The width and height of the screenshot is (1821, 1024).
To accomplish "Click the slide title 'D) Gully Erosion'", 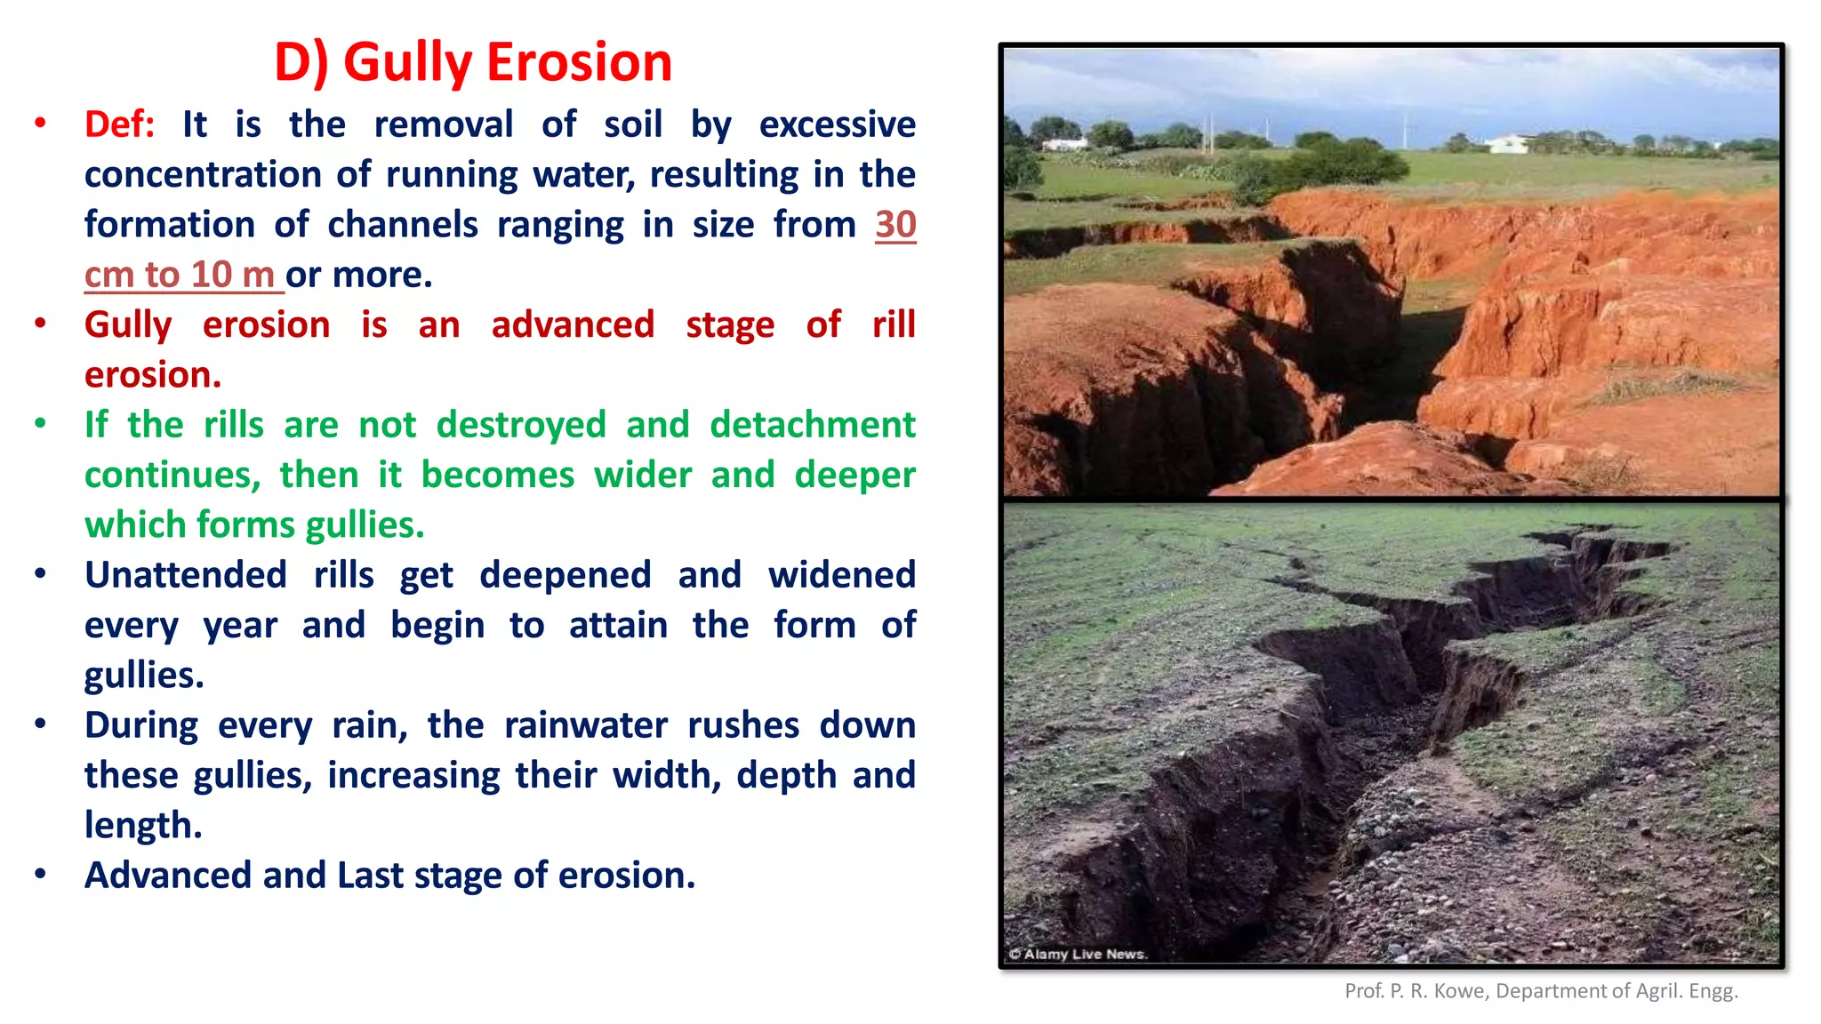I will [x=472, y=62].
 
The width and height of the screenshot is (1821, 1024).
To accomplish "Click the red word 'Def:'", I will [x=119, y=124].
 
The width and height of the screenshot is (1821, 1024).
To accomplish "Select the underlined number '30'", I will [x=895, y=225].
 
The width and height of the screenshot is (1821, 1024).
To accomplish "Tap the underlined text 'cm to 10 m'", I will [x=180, y=275].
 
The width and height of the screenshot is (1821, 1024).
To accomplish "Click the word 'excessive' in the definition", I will [x=837, y=124].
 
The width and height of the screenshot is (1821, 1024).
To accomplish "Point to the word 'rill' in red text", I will [x=894, y=324].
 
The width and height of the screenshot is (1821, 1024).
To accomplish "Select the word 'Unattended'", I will [x=186, y=575].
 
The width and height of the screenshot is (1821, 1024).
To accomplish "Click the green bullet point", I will [x=40, y=424].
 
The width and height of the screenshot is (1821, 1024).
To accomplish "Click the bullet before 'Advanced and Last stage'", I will [x=40, y=875].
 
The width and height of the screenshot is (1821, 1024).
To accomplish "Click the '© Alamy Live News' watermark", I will [x=1078, y=954].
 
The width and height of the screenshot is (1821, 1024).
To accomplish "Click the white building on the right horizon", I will [x=1508, y=142].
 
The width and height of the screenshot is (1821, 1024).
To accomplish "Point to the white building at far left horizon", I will [x=1064, y=144].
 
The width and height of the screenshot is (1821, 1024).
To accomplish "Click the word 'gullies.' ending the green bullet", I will [x=365, y=525].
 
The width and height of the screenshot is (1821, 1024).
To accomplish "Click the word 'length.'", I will [x=143, y=826].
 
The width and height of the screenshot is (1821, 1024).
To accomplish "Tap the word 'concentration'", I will [x=203, y=175].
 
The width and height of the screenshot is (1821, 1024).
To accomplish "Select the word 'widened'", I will [x=841, y=575].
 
